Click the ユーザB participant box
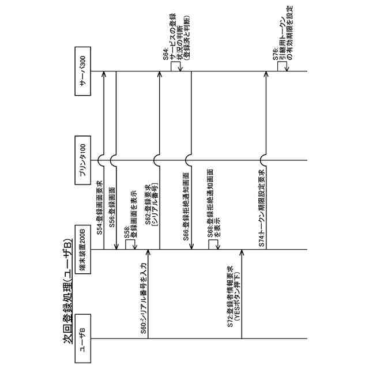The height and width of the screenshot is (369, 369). (x=82, y=338)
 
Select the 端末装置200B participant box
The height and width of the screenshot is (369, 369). (x=82, y=250)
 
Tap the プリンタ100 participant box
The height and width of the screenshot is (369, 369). (x=82, y=161)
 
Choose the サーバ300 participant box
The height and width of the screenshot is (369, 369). (x=82, y=72)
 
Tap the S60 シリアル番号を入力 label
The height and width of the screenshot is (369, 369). (x=144, y=294)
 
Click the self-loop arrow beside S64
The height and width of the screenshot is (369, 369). (x=176, y=67)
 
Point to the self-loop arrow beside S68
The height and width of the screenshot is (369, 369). (x=213, y=244)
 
